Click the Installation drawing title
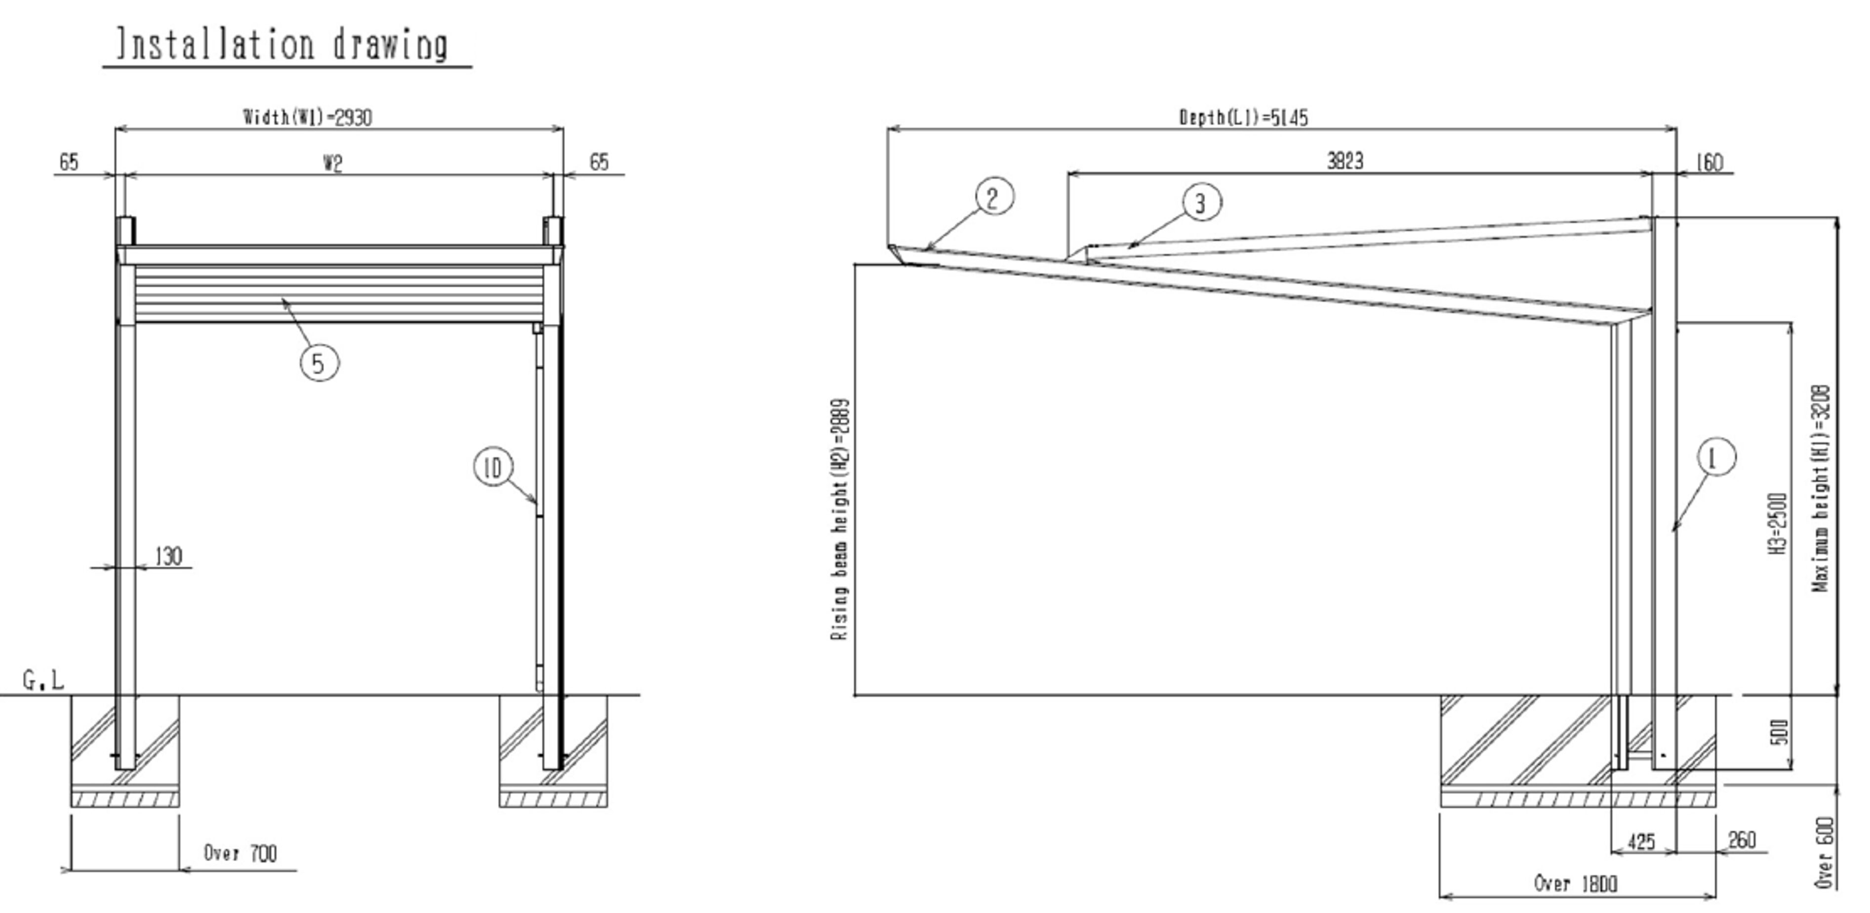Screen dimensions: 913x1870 283,45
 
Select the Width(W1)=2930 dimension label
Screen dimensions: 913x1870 308,117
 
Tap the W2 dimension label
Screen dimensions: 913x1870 332,163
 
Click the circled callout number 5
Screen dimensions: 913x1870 320,363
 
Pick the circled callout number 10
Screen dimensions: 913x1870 493,468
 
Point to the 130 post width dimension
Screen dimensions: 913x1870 168,556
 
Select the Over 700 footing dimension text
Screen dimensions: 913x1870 240,853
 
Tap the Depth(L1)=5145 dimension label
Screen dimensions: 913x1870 1244,118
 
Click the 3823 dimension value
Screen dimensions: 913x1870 1345,161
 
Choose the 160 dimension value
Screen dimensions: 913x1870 1709,162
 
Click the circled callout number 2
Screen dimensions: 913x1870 994,198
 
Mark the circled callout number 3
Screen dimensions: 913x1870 1201,202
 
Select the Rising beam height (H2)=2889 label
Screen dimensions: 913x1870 839,519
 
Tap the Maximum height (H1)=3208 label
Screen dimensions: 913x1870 1821,488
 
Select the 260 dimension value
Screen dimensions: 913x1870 1742,840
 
